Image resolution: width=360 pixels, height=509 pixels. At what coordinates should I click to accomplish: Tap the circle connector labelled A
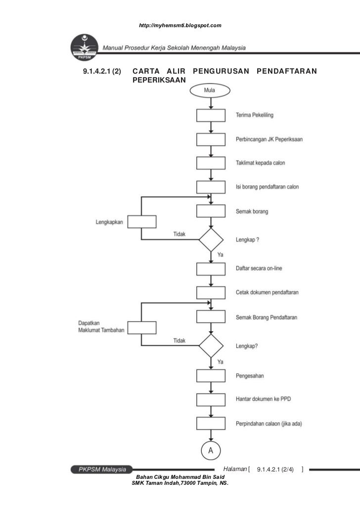(211, 451)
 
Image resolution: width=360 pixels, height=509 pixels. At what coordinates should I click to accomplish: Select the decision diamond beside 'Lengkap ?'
(211, 240)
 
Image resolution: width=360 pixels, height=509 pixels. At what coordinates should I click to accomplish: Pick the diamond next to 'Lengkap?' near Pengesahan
(211, 346)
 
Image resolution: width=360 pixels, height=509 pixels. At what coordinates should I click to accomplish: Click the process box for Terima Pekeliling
(211, 115)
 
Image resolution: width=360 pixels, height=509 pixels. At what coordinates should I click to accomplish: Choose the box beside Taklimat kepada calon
(211, 163)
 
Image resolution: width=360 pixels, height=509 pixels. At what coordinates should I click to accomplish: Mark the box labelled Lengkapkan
(142, 222)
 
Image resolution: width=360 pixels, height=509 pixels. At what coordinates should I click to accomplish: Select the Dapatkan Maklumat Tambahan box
(142, 327)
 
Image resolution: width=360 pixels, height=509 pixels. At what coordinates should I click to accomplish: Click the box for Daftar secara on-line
(211, 269)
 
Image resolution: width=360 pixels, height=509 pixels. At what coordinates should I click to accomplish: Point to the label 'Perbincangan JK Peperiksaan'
(269, 139)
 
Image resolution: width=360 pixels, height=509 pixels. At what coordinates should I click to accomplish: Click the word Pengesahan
(250, 376)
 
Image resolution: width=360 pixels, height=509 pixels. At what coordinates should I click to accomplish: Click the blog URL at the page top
(180, 25)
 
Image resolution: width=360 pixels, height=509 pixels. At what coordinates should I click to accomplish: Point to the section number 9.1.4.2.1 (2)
(101, 72)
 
